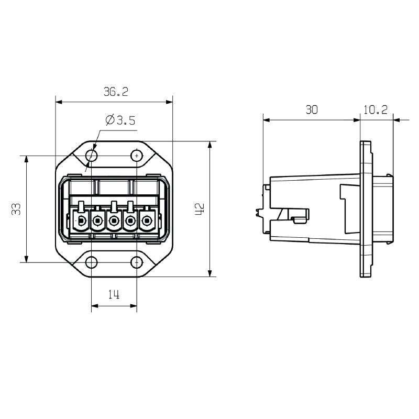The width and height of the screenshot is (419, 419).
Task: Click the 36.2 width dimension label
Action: pyautogui.click(x=115, y=92)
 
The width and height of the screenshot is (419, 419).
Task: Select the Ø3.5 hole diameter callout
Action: pyautogui.click(x=120, y=120)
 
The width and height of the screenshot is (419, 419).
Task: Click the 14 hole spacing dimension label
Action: pyautogui.click(x=114, y=295)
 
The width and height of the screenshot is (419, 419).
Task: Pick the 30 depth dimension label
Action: pyautogui.click(x=312, y=109)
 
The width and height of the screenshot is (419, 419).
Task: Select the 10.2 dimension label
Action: pyautogui.click(x=374, y=109)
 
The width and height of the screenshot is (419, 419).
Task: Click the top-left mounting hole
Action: pyautogui.click(x=92, y=156)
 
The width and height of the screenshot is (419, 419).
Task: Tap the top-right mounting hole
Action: pyautogui.click(x=137, y=156)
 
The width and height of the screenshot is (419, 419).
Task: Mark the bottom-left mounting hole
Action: pyautogui.click(x=92, y=262)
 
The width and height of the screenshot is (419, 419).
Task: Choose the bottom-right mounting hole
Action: pyautogui.click(x=137, y=262)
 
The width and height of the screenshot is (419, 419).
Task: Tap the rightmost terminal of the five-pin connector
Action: pyautogui.click(x=147, y=222)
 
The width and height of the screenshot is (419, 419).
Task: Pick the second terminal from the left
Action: pyautogui.click(x=97, y=222)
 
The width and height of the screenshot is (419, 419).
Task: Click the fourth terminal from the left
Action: pyautogui.click(x=130, y=222)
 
